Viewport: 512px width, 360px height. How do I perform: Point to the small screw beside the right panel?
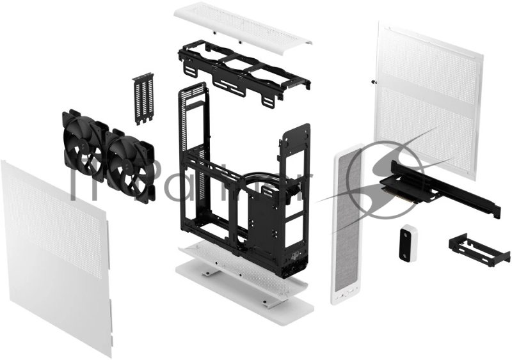(x=372, y=81)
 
